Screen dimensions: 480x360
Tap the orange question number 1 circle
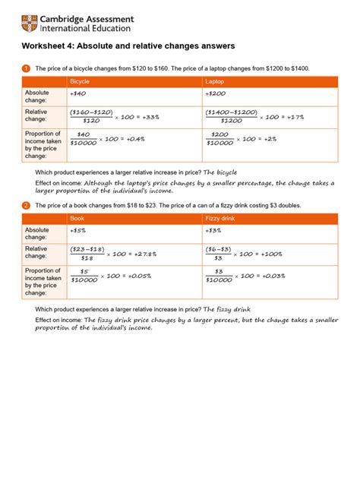(x=26, y=68)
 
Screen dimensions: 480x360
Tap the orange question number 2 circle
(x=26, y=205)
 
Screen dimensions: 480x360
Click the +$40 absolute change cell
(x=77, y=94)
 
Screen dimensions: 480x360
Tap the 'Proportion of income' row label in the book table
(x=43, y=281)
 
